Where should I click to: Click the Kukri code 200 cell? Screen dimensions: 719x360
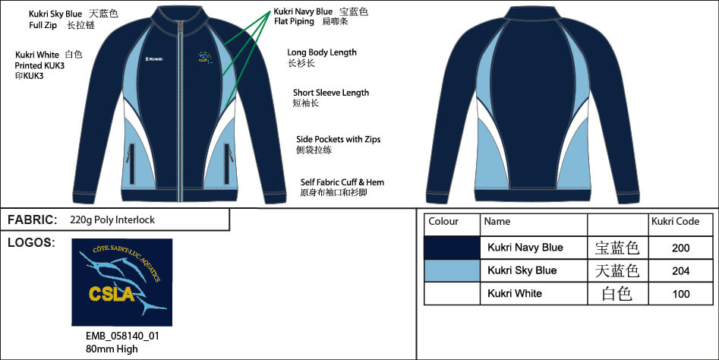(680, 248)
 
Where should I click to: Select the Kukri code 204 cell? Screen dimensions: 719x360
(680, 270)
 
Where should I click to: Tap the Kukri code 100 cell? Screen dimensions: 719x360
(680, 293)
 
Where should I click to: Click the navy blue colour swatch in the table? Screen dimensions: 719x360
(452, 248)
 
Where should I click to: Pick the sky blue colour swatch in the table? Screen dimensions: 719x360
(452, 270)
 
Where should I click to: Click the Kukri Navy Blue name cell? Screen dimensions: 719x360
(525, 248)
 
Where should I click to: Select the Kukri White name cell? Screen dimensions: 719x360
(515, 293)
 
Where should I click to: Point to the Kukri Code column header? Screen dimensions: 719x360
(675, 222)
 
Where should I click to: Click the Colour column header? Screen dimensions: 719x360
(443, 222)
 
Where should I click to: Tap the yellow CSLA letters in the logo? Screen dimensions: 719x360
(112, 294)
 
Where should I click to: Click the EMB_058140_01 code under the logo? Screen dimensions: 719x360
(122, 336)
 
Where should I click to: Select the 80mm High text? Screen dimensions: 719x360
(112, 349)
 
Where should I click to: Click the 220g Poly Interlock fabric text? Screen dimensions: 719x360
(112, 220)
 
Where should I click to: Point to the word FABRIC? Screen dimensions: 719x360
(32, 219)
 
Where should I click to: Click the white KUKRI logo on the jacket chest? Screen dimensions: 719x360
(153, 59)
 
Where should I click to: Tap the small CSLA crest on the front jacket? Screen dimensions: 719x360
(205, 57)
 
